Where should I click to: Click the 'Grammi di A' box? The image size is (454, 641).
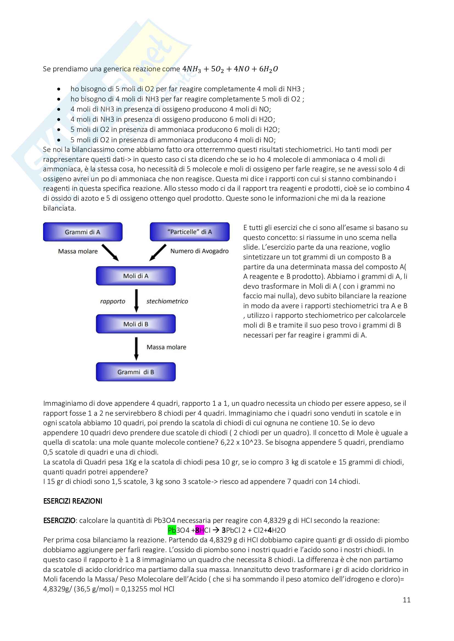coord(83,232)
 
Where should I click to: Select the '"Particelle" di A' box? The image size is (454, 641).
coord(190,232)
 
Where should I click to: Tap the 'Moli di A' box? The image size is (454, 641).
coord(136,276)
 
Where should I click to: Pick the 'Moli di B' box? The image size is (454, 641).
coord(136,324)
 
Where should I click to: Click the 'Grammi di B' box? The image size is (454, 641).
coord(136,372)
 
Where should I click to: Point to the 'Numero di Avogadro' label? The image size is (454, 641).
coord(199,251)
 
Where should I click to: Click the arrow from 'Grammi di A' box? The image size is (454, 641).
coord(110,253)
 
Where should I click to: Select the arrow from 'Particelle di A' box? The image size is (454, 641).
coord(158,253)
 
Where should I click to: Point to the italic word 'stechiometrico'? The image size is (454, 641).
coord(167,301)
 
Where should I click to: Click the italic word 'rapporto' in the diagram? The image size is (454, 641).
coord(113,301)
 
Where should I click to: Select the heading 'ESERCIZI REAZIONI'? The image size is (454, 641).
coord(73,501)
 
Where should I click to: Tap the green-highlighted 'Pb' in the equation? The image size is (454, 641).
coord(172,530)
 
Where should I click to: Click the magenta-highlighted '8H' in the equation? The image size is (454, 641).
coord(200,530)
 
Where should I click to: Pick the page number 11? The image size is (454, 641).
coord(407,600)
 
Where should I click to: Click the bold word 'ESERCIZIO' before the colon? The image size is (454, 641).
coord(59,520)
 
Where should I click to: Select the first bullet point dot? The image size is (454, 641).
coord(59,89)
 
